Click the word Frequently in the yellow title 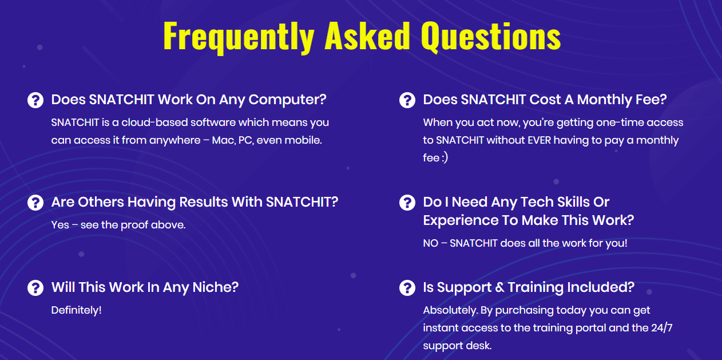point(239,37)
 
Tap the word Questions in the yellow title point(490,36)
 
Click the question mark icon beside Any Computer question point(35,100)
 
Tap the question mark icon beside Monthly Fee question point(407,100)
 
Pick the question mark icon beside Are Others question point(35,203)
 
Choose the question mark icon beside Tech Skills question point(407,203)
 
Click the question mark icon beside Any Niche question point(35,288)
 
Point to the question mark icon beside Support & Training point(407,288)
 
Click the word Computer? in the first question point(288,100)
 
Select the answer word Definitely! point(77,310)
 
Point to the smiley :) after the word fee point(445,158)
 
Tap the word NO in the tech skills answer point(431,243)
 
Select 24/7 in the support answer point(662,328)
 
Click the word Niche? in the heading point(215,287)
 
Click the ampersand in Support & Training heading point(499,288)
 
